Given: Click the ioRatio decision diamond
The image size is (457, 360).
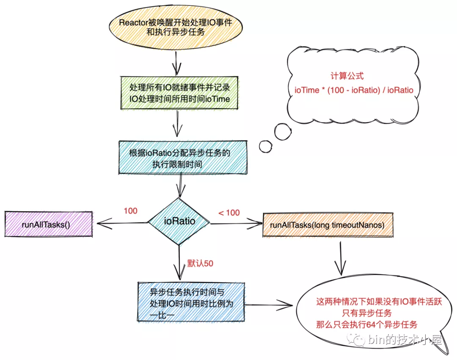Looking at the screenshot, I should (x=179, y=221).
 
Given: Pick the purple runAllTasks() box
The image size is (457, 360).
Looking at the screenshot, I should (x=48, y=224).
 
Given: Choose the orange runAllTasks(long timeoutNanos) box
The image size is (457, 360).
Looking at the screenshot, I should (x=327, y=225).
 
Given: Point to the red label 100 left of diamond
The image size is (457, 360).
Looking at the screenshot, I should (x=130, y=211).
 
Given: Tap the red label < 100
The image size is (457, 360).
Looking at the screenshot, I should (x=229, y=212).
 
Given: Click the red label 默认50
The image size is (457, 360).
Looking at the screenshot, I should (x=200, y=264).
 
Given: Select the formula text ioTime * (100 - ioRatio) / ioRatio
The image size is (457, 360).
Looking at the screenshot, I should (x=354, y=90).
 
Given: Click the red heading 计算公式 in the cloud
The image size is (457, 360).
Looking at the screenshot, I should (x=347, y=76).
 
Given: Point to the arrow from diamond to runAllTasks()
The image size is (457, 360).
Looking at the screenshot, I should (x=123, y=223).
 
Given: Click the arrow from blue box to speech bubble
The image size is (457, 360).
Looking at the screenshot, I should (x=271, y=303).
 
